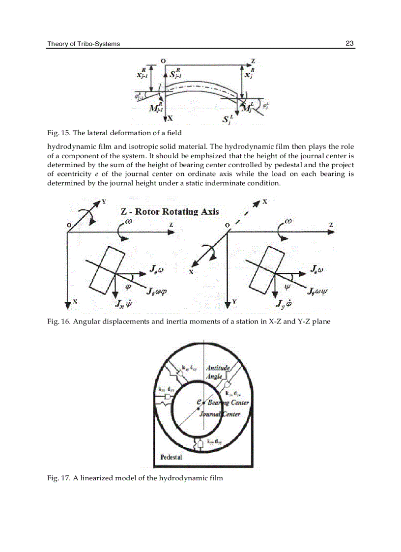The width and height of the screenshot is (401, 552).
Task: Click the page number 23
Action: click(x=349, y=44)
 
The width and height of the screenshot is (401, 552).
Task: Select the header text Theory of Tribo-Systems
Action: click(x=84, y=44)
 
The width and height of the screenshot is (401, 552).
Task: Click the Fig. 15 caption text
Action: click(x=114, y=133)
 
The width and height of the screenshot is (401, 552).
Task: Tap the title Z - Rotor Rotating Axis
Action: click(x=170, y=212)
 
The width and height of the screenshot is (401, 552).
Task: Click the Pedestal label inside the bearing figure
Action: click(x=172, y=457)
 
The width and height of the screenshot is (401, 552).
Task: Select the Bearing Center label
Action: click(x=228, y=403)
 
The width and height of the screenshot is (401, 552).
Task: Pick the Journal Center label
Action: click(x=220, y=414)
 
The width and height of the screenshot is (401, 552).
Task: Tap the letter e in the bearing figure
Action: click(x=198, y=402)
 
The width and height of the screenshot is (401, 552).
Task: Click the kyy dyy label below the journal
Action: click(x=214, y=442)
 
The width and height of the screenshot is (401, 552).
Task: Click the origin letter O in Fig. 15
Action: click(x=163, y=60)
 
